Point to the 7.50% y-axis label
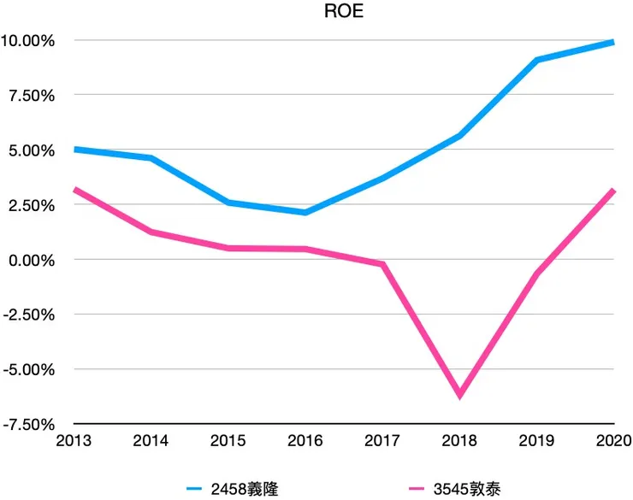click(31, 95)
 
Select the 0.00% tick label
click(31, 259)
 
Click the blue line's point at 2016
click(305, 212)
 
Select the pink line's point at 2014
click(151, 232)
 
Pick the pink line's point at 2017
click(382, 264)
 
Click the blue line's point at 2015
click(228, 203)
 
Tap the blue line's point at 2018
click(460, 136)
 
